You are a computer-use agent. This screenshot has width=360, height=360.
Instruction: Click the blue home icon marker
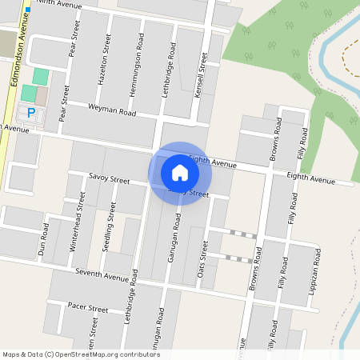click(x=179, y=172)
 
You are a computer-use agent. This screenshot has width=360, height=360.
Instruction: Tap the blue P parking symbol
click(x=31, y=113)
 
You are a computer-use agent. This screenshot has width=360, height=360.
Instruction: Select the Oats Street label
click(x=202, y=259)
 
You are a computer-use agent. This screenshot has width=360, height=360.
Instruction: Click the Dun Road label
click(x=43, y=238)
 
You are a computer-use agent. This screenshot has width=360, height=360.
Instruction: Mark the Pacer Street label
click(x=88, y=308)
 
